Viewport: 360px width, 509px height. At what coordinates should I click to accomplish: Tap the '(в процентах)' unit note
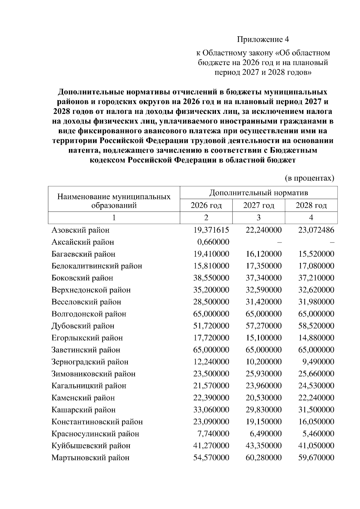pyautogui.click(x=309, y=178)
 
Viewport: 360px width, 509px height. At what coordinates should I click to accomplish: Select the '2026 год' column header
pyautogui.click(x=206, y=205)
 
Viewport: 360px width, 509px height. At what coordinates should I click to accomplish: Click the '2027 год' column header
pyautogui.click(x=259, y=205)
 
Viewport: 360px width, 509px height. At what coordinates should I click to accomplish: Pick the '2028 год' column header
pyautogui.click(x=311, y=205)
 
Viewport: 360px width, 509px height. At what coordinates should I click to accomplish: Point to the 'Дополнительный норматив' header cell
pyautogui.click(x=259, y=192)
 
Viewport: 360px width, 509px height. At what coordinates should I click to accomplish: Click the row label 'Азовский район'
pyautogui.click(x=80, y=230)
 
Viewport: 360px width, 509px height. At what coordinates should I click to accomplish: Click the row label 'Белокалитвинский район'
pyautogui.click(x=97, y=266)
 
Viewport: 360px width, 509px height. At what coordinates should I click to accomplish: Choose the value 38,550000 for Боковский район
pyautogui.click(x=211, y=278)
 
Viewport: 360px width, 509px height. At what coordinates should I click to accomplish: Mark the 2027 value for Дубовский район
pyautogui.click(x=264, y=326)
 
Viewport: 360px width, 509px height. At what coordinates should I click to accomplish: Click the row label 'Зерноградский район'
pyautogui.click(x=90, y=362)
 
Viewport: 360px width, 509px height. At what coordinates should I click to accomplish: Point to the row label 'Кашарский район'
pyautogui.click(x=83, y=410)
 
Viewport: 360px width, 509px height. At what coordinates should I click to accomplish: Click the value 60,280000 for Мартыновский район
pyautogui.click(x=264, y=458)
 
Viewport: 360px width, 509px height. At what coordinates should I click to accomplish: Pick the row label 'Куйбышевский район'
pyautogui.click(x=91, y=446)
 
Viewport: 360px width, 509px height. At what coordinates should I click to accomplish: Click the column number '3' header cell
pyautogui.click(x=259, y=218)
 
